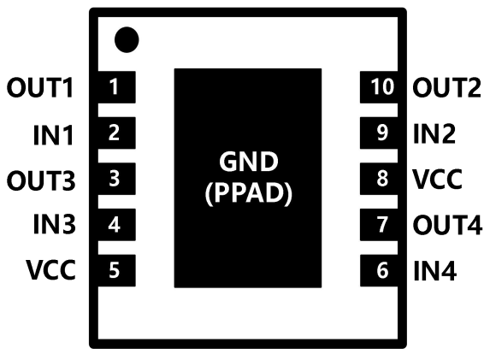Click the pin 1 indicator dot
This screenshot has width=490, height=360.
point(127,39)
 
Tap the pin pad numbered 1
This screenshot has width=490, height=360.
point(117,87)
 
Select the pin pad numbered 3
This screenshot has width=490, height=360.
point(117,179)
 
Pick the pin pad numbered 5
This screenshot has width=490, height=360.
point(117,270)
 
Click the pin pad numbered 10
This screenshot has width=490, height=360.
point(379,87)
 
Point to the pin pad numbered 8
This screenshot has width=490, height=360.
point(379,179)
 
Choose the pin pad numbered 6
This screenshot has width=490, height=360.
point(379,270)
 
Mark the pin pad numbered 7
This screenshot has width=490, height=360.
point(379,225)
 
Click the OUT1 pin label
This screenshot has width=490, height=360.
point(40,87)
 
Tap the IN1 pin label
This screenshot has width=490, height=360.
point(53,135)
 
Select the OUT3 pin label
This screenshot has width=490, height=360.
point(41,180)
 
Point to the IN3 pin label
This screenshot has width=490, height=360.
point(55,224)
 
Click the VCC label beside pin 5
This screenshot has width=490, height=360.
point(50,269)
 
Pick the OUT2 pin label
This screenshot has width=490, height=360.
point(447,87)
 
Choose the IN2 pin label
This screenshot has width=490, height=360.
point(434,133)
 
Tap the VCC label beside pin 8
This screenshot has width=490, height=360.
point(438,179)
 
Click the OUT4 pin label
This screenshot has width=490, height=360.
point(447,224)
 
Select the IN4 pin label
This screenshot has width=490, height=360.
point(435,270)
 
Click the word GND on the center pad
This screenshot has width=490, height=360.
point(249,162)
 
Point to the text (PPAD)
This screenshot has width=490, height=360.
point(249,192)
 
